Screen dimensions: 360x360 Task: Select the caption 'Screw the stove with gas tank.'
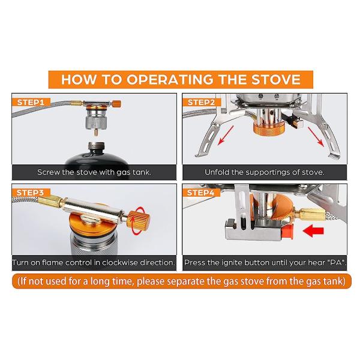pyautogui.click(x=94, y=172)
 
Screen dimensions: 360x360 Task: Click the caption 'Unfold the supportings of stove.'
pyautogui.click(x=264, y=172)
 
